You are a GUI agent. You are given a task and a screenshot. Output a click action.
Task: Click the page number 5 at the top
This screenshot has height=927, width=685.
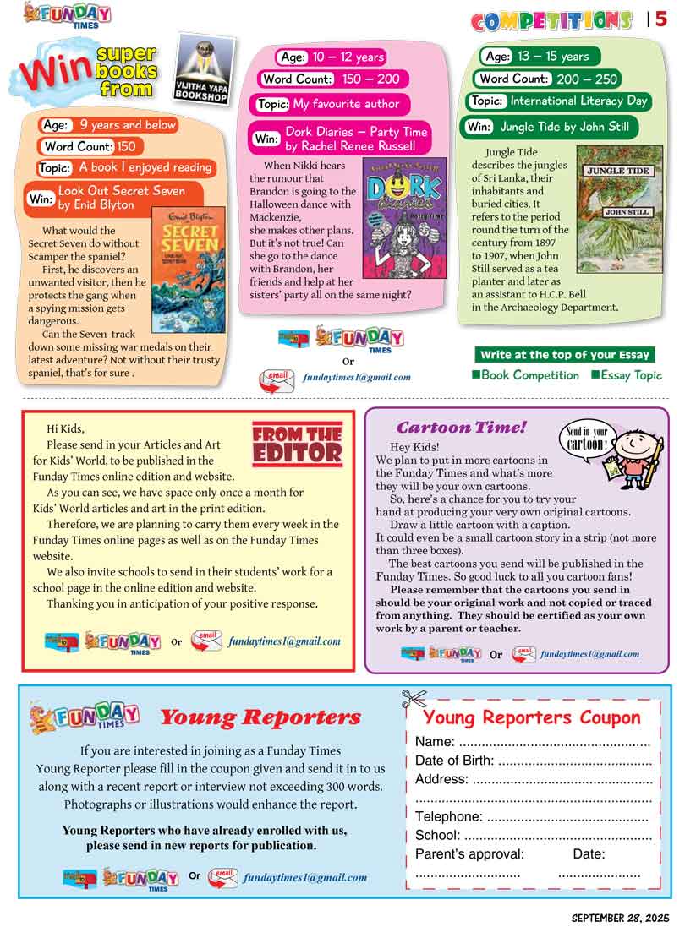[661, 19]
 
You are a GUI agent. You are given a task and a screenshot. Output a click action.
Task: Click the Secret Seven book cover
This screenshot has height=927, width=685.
[188, 269]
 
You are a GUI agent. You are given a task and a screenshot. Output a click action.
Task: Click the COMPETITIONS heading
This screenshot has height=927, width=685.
[551, 20]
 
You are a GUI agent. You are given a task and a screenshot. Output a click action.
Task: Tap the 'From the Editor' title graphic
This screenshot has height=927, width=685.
[297, 444]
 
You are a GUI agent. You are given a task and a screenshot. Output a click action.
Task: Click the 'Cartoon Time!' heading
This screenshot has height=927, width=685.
[462, 428]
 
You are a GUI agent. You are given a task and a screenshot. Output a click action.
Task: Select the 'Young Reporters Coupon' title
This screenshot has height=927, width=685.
[532, 717]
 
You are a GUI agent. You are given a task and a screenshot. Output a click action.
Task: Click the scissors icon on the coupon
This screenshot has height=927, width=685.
[414, 699]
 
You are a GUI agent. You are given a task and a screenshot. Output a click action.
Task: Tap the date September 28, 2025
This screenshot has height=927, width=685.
[620, 917]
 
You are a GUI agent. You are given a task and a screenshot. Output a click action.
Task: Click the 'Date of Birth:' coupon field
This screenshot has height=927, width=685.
[533, 761]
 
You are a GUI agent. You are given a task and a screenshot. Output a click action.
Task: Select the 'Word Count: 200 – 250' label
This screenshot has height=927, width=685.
[547, 79]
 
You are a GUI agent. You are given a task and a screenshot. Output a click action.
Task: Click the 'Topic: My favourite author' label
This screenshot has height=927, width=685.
[333, 104]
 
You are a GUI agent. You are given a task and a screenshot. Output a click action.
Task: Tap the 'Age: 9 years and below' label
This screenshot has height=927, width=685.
[109, 125]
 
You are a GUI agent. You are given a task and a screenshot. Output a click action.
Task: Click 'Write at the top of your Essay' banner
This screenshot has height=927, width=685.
[564, 355]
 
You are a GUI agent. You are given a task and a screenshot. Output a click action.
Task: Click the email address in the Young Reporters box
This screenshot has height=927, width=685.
[305, 878]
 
